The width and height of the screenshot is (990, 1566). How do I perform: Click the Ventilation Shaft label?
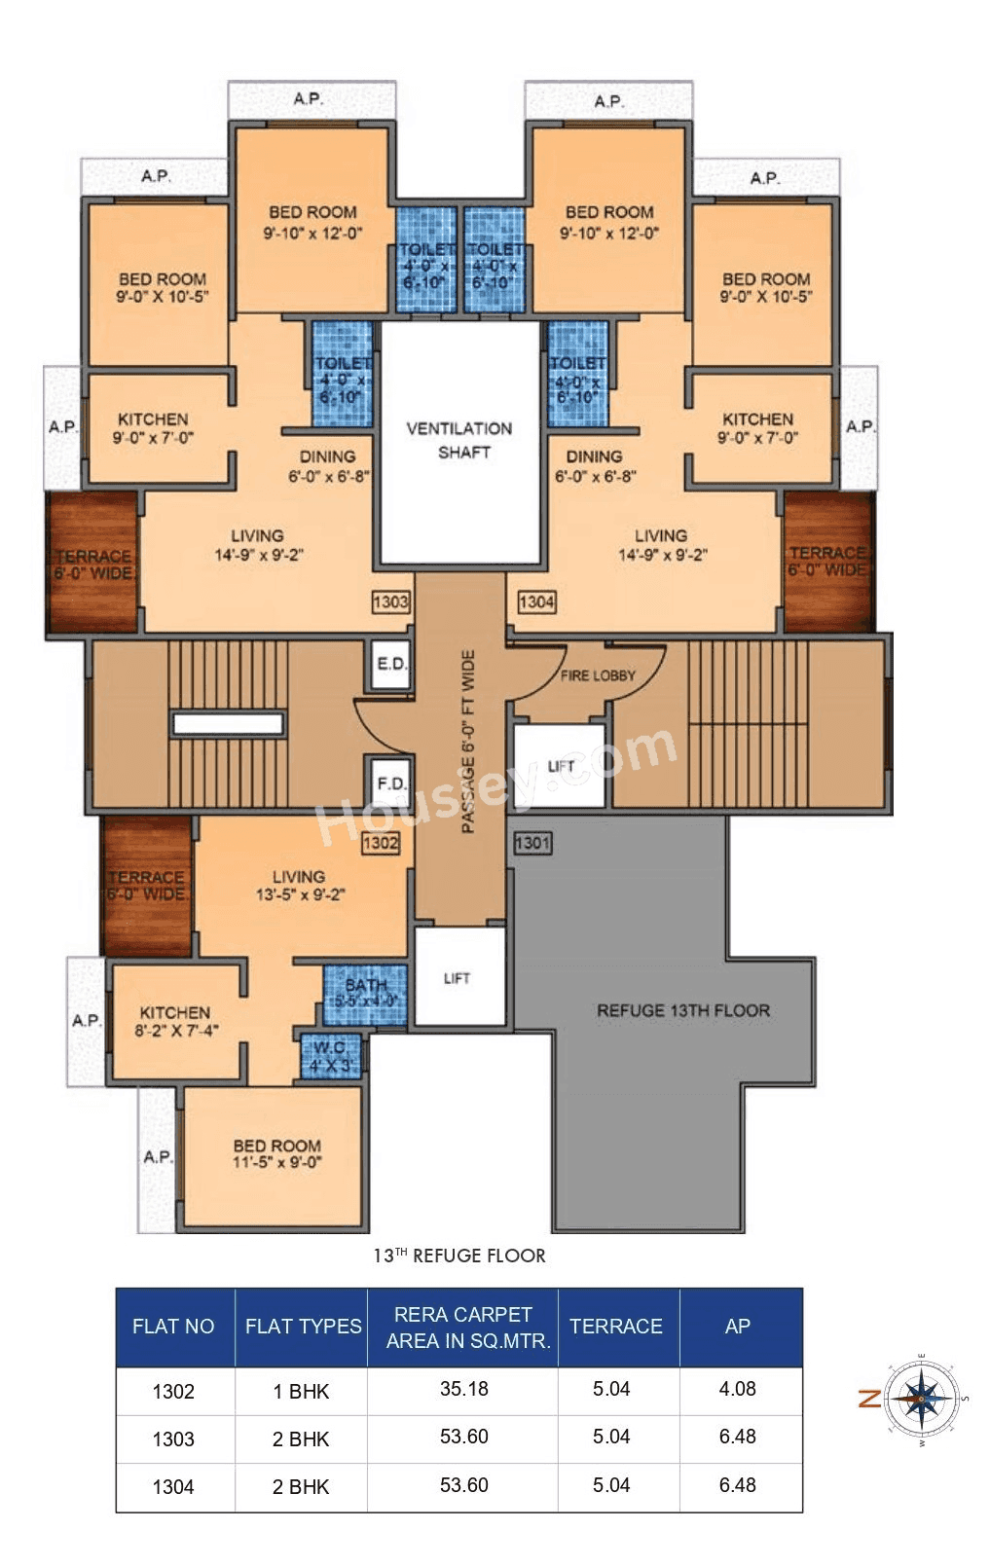[x=459, y=440]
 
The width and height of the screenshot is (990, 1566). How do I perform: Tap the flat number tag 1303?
[x=390, y=601]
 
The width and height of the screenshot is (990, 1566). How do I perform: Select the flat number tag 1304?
[x=536, y=601]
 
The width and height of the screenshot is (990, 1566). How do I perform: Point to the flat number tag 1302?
[x=381, y=842]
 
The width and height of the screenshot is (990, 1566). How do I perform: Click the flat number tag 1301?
[x=532, y=842]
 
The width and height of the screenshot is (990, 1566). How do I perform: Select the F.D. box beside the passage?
[x=391, y=783]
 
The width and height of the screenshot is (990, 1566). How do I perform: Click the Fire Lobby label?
[x=598, y=675]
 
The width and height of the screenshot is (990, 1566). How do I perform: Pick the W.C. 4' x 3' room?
[x=330, y=1056]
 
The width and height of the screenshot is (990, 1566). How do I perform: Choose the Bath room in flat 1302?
[x=365, y=993]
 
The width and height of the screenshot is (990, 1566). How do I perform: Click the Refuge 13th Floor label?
[x=682, y=1010]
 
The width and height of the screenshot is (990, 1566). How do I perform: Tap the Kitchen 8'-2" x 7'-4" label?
[x=175, y=1021]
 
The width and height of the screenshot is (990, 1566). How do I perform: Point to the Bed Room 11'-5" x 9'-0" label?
[x=276, y=1153]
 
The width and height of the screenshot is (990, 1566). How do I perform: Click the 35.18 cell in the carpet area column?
[x=463, y=1389]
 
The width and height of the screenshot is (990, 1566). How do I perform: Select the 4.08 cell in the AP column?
[x=737, y=1389]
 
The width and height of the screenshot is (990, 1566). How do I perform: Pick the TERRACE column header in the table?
[x=615, y=1327]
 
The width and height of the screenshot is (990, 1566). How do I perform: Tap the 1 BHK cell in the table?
[x=301, y=1391]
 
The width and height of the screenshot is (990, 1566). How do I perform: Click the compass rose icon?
[x=922, y=1399]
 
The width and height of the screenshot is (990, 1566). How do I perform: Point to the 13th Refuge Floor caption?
[x=459, y=1256]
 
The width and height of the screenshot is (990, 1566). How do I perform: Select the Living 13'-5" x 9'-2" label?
[x=299, y=885]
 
